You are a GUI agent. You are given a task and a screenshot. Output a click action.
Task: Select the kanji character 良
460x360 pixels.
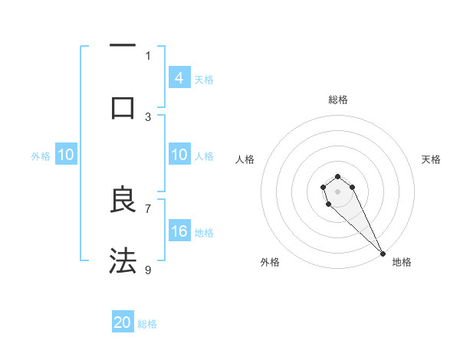(x=123, y=200)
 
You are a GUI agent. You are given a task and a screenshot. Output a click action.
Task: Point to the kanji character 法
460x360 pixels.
(x=123, y=261)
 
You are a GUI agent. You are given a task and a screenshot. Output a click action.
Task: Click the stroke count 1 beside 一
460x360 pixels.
(x=149, y=55)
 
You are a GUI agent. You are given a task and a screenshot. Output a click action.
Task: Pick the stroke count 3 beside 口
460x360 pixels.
(x=149, y=116)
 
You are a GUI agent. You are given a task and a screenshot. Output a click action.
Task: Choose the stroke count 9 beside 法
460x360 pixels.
(x=149, y=270)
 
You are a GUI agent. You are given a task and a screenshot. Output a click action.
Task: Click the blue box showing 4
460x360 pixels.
(x=179, y=78)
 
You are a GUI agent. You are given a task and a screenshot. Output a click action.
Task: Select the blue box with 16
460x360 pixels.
(x=179, y=231)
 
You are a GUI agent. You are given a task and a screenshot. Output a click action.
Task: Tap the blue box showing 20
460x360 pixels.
(x=123, y=323)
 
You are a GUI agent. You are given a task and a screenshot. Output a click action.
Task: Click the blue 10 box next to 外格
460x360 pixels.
(x=65, y=155)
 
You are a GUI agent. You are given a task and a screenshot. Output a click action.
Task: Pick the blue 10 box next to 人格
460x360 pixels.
(x=179, y=155)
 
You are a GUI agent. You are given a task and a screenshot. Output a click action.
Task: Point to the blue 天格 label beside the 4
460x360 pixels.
(x=204, y=79)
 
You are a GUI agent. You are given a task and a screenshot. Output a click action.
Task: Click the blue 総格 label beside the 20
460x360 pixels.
(x=147, y=324)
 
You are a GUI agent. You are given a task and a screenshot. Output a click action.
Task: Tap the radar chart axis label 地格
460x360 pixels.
(x=402, y=262)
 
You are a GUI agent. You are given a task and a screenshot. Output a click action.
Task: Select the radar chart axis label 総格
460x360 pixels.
(x=337, y=100)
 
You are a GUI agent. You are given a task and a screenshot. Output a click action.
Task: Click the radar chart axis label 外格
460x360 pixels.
(x=270, y=262)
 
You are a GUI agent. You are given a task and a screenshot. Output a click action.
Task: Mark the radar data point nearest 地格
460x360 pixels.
(x=383, y=254)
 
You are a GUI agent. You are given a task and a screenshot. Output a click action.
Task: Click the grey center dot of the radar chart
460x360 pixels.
(x=337, y=191)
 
